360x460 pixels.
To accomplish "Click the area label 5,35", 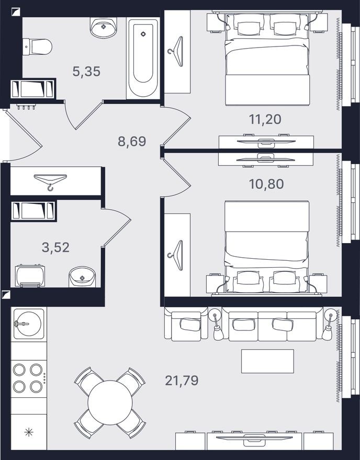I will [x=86, y=72].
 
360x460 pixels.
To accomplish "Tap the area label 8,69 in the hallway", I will [x=131, y=141].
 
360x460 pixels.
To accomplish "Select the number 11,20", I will [x=265, y=119].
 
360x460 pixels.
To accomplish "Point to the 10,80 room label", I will [x=265, y=184].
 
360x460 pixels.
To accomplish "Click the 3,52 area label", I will [x=55, y=247].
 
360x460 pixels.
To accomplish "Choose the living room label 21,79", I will [x=182, y=380].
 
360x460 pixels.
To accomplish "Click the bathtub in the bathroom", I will [x=143, y=57].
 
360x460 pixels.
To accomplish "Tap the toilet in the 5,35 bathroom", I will [x=38, y=47].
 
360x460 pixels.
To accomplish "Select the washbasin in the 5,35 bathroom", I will [x=104, y=28].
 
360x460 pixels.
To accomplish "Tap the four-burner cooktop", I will [x=28, y=378].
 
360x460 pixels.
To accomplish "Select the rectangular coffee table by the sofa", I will [x=267, y=361].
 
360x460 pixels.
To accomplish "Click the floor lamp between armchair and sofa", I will [x=216, y=324].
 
